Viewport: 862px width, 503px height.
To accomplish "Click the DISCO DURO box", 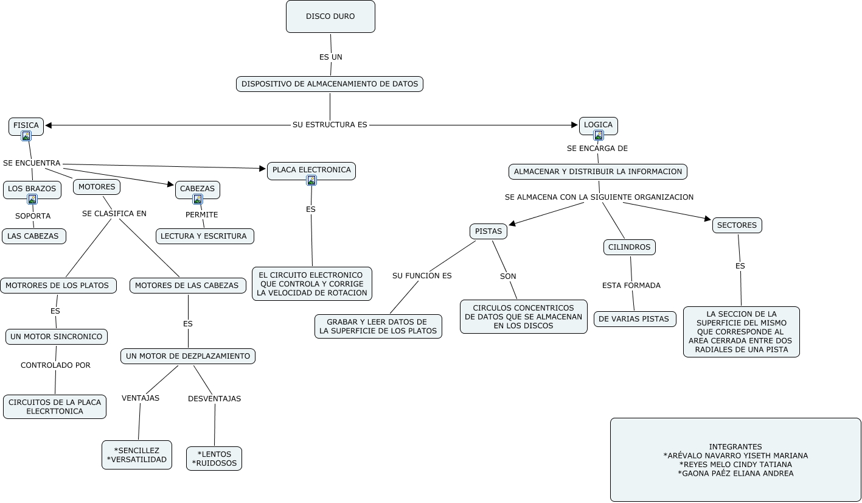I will point(330,16).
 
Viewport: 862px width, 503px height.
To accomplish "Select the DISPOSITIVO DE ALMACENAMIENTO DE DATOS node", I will point(330,84).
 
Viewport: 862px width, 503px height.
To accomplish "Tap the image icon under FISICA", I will point(26,136).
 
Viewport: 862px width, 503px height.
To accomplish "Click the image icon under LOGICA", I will point(599,136).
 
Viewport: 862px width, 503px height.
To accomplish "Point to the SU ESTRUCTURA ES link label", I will point(330,125).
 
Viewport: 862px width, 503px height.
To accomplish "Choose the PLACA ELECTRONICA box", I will point(311,170).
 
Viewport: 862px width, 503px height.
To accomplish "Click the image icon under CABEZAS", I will point(198,200).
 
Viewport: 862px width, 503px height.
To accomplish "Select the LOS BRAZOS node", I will point(32,189).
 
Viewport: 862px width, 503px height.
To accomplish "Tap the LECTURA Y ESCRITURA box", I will point(204,236).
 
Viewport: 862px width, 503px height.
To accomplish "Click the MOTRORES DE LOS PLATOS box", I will point(58,286).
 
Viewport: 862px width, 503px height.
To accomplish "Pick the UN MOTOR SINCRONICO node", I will point(57,337).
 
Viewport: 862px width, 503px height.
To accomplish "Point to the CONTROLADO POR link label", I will point(55,365).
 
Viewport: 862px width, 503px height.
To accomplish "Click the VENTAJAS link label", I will point(141,398).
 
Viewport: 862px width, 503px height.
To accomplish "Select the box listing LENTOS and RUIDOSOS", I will point(214,459).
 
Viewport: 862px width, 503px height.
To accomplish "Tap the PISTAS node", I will point(488,231).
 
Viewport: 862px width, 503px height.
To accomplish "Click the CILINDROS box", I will point(630,247).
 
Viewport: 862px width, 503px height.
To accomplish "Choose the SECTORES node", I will point(737,225).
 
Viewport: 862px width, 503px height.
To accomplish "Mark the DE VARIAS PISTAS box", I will point(634,319).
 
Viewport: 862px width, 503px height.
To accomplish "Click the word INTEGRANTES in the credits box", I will point(735,447).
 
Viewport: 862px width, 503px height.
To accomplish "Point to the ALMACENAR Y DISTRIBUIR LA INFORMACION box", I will point(598,172).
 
